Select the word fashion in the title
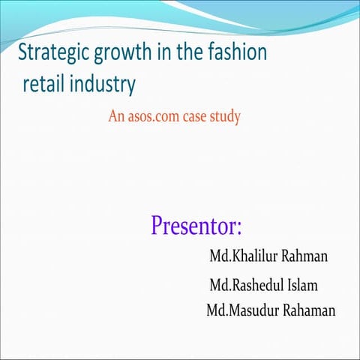238,54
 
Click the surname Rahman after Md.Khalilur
306,257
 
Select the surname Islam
301,286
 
